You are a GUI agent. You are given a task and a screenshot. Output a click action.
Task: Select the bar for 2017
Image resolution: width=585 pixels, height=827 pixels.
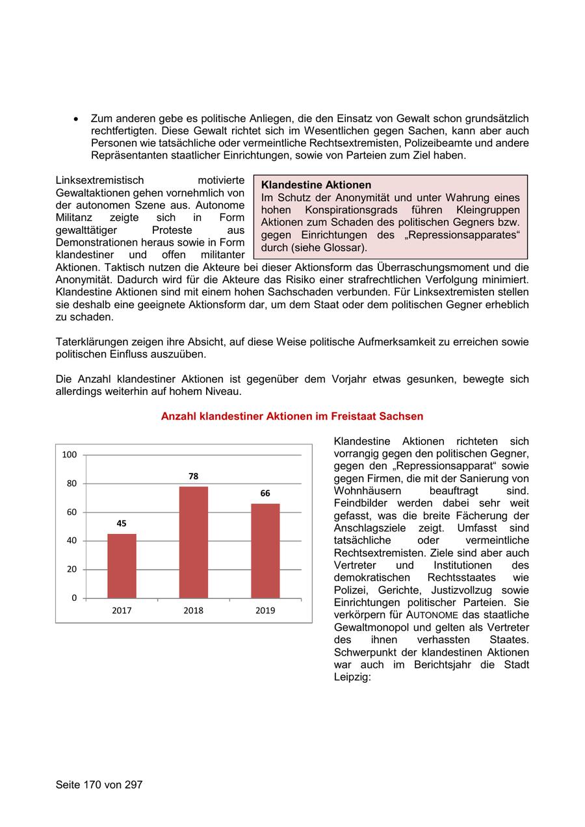pos(122,565)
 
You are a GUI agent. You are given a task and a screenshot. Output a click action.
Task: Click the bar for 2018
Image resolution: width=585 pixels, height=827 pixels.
pos(193,542)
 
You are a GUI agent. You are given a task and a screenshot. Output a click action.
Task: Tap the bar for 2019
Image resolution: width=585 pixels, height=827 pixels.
pos(265,550)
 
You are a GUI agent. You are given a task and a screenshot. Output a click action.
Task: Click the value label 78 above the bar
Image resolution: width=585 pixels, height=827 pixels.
pos(193,476)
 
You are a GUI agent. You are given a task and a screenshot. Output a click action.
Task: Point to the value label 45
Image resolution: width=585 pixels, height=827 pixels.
pos(122,524)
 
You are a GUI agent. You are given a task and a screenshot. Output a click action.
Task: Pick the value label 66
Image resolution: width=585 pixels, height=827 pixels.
pos(265,493)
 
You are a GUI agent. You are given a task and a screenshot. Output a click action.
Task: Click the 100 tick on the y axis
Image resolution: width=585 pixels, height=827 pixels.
pos(69,455)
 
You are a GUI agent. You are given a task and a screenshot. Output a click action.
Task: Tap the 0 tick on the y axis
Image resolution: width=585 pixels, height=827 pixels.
pos(73,598)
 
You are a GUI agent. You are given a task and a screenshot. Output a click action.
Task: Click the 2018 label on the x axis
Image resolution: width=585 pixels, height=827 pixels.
pos(193,611)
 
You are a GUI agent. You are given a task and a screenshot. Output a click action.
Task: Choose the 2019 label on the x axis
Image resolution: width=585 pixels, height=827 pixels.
pos(265,611)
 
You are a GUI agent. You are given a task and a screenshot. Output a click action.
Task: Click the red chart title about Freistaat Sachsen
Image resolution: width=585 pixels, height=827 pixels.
pos(292,416)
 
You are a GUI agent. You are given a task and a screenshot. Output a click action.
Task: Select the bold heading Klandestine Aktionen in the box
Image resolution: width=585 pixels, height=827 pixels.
pos(316,185)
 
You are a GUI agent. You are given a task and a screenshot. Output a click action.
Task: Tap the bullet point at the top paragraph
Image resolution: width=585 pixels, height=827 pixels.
pos(76,120)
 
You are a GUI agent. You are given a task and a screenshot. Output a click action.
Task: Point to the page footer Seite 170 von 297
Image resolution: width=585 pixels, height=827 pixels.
pos(99,785)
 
